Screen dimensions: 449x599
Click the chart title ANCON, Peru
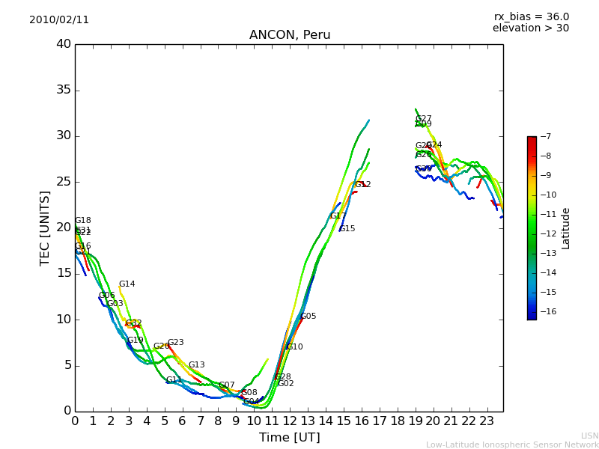coord(290,35)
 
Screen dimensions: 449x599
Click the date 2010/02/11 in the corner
coord(59,20)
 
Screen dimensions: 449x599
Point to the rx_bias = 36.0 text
coord(531,16)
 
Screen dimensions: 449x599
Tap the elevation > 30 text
coord(531,28)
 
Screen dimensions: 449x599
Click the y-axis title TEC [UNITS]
coord(45,227)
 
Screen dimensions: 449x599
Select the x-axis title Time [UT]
coord(289,438)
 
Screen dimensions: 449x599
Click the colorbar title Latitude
coord(566,228)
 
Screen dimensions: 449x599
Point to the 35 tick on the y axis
coord(64,91)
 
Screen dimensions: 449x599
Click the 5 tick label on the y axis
coord(67,365)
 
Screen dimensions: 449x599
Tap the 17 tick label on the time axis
coord(380,421)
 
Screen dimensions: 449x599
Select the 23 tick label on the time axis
coord(487,421)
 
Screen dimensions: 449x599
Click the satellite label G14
coord(127,284)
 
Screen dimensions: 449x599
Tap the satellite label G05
coord(308,317)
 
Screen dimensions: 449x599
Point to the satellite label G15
coord(347,229)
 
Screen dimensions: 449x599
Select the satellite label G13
coord(196,365)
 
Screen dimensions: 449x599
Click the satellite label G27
coord(424,119)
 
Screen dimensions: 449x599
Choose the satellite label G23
coord(175,343)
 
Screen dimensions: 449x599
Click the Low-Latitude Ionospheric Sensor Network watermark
coord(512,445)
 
